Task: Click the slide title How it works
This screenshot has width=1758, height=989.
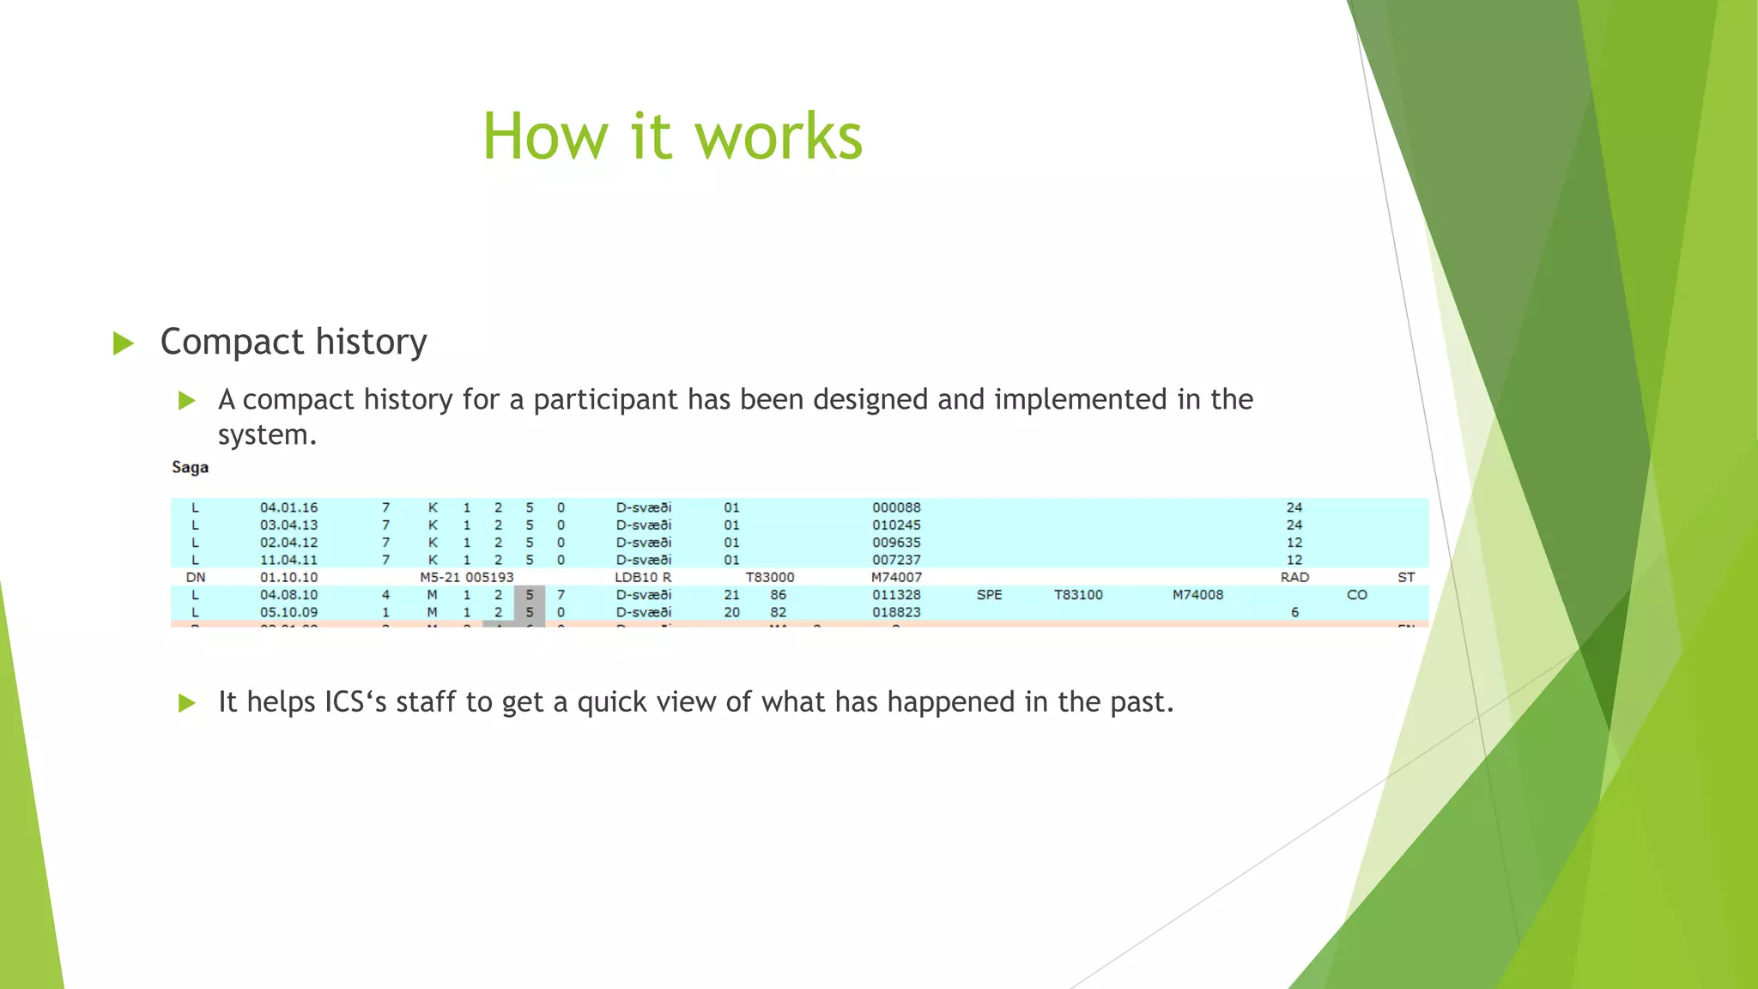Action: pyautogui.click(x=672, y=137)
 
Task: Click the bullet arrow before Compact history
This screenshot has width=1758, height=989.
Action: pyautogui.click(x=124, y=343)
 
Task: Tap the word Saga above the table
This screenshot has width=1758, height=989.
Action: pyautogui.click(x=190, y=468)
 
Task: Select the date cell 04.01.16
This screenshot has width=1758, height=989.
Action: pyautogui.click(x=288, y=507)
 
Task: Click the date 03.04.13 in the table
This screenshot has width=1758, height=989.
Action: pyautogui.click(x=288, y=525)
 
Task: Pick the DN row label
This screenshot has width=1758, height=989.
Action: pyautogui.click(x=196, y=578)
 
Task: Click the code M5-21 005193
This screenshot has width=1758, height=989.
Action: pyautogui.click(x=466, y=578)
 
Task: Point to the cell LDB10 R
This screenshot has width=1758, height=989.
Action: pyautogui.click(x=643, y=578)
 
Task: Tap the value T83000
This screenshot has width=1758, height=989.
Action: pyautogui.click(x=769, y=578)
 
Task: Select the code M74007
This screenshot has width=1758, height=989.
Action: pyautogui.click(x=896, y=578)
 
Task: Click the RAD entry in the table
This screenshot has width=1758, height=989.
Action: pyautogui.click(x=1294, y=578)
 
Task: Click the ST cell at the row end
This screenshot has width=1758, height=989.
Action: pyautogui.click(x=1405, y=578)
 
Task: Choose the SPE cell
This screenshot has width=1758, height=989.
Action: pyautogui.click(x=989, y=595)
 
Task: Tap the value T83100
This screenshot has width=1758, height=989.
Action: pyautogui.click(x=1078, y=595)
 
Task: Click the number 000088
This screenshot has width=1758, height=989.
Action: pyautogui.click(x=896, y=507)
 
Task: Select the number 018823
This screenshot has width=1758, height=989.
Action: pyautogui.click(x=896, y=612)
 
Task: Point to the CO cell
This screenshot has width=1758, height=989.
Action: pyautogui.click(x=1356, y=595)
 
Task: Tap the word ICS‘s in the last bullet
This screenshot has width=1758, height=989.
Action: pyautogui.click(x=355, y=702)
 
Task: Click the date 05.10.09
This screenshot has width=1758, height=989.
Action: pyautogui.click(x=288, y=612)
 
